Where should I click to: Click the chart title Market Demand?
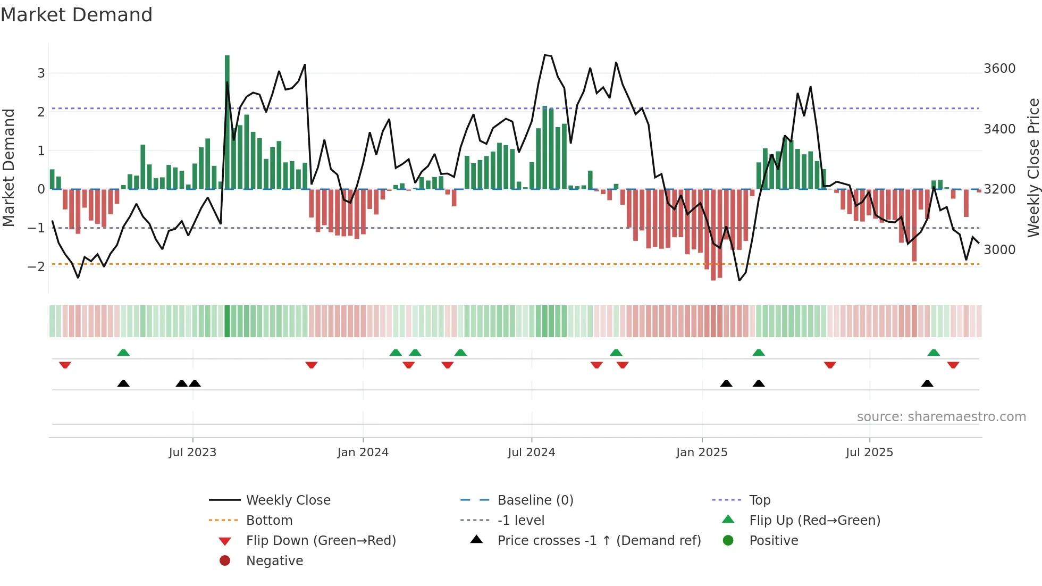pyautogui.click(x=77, y=15)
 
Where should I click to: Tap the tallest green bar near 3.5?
pyautogui.click(x=227, y=122)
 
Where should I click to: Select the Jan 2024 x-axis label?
pyautogui.click(x=363, y=453)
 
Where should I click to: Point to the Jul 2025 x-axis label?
pyautogui.click(x=869, y=453)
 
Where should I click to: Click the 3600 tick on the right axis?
pyautogui.click(x=999, y=69)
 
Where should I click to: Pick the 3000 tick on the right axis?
pyautogui.click(x=999, y=250)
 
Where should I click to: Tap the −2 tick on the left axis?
pyautogui.click(x=36, y=266)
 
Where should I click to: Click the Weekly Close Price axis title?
pyautogui.click(x=1033, y=168)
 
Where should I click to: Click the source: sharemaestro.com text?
pyautogui.click(x=941, y=417)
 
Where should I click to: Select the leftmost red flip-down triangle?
pyautogui.click(x=65, y=365)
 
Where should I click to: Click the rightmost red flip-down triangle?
pyautogui.click(x=953, y=365)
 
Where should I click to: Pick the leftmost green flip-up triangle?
pyautogui.click(x=123, y=353)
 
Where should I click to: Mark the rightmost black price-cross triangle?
pyautogui.click(x=927, y=384)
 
